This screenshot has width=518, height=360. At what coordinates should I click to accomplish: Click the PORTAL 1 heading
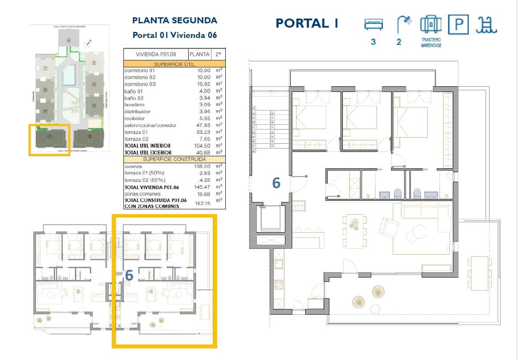pos(307,23)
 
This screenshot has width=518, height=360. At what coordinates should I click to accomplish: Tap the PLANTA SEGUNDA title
pos(174,20)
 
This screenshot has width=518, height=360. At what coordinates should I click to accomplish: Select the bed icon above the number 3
pos(373,24)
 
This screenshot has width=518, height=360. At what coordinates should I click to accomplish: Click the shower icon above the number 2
pos(404,24)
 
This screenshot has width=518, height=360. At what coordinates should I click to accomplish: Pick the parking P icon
pos(458,24)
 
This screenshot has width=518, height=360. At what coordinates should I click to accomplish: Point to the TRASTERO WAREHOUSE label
pos(431,42)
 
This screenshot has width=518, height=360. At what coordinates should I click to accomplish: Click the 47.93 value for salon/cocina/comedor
pos(202,125)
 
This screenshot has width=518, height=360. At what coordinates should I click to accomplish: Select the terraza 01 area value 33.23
pos(202,132)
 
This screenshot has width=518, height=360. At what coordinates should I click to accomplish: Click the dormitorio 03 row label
pos(140,84)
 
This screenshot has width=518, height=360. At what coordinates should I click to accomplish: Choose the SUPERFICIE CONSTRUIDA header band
pos(174,159)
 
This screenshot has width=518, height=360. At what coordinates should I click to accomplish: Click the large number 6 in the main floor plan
pos(276,183)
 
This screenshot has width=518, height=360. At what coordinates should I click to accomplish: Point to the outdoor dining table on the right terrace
pos(480,273)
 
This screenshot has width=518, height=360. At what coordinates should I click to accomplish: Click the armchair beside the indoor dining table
pos(388,226)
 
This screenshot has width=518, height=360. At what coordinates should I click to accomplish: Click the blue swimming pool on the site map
pos(69,75)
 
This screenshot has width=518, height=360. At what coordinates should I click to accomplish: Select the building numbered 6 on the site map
pos(69,41)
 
